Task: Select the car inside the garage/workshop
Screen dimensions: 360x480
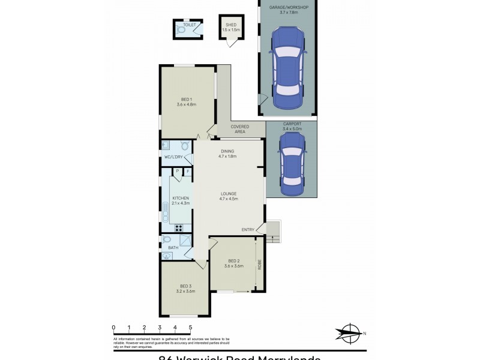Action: click(x=287, y=68)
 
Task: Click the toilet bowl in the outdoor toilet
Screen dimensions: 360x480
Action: click(x=181, y=29)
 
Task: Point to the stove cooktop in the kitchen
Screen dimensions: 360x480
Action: click(x=178, y=227)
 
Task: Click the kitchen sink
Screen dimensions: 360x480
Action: click(x=165, y=209)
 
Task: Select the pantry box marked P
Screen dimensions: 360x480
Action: click(x=178, y=172)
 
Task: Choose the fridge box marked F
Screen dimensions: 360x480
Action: click(x=187, y=172)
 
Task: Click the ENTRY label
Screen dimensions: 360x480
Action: click(x=248, y=229)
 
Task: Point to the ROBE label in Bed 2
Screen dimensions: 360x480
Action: click(x=259, y=265)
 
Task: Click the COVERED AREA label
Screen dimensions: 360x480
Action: click(x=240, y=129)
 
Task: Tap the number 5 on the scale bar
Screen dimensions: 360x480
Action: click(x=190, y=328)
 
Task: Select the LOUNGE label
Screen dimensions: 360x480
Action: click(x=229, y=193)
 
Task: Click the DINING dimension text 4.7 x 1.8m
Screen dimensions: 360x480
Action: click(x=228, y=156)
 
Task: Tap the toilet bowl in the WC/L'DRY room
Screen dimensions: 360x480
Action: click(x=185, y=146)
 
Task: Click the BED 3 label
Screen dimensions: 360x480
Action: click(x=186, y=286)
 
